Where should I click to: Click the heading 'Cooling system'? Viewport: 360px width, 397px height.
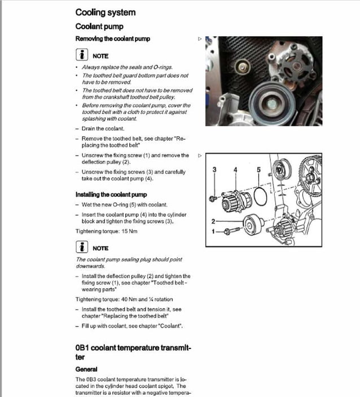pyautogui.click(x=105, y=12)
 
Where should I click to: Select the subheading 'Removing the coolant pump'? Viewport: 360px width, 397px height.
pyautogui.click(x=112, y=39)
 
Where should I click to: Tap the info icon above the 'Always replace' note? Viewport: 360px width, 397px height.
pyautogui.click(x=82, y=55)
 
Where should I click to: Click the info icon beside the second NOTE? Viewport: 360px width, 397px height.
pyautogui.click(x=82, y=248)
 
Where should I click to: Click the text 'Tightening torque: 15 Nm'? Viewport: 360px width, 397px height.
pyautogui.click(x=106, y=231)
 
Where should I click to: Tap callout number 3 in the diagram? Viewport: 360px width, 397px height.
pyautogui.click(x=214, y=169)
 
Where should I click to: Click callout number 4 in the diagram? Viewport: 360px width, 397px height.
pyautogui.click(x=235, y=169)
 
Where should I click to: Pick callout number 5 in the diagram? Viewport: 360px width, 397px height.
pyautogui.click(x=258, y=169)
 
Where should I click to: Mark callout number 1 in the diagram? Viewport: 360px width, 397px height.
pyautogui.click(x=213, y=231)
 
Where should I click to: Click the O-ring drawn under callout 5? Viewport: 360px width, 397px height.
pyautogui.click(x=260, y=197)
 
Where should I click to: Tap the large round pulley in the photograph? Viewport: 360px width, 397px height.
pyautogui.click(x=270, y=102)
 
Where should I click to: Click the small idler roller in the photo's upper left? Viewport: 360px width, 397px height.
pyautogui.click(x=243, y=68)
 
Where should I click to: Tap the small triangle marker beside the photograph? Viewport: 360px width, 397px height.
pyautogui.click(x=199, y=39)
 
